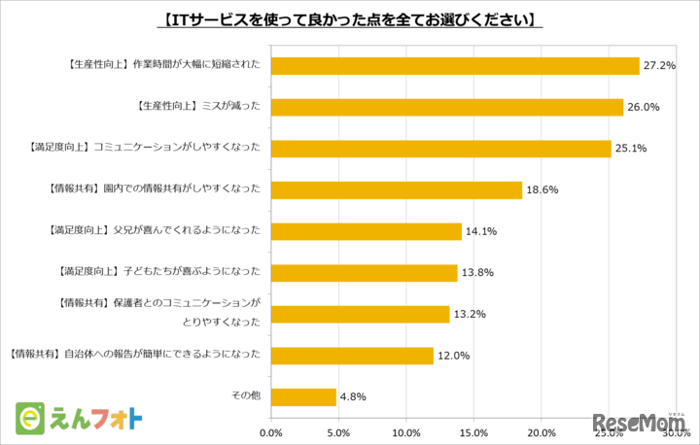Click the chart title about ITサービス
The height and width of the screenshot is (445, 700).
(x=349, y=18)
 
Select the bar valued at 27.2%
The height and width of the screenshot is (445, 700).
(x=455, y=65)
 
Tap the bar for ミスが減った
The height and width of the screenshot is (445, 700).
(x=447, y=107)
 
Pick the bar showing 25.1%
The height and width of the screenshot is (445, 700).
(x=441, y=149)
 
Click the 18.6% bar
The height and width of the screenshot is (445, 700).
(x=397, y=190)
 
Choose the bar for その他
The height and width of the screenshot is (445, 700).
(x=304, y=397)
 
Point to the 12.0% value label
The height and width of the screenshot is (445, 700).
(x=453, y=356)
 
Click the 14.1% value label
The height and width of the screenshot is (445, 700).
(x=481, y=231)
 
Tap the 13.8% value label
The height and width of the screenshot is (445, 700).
(x=477, y=273)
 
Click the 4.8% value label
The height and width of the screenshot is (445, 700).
(x=354, y=397)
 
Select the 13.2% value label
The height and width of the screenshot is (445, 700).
(x=470, y=315)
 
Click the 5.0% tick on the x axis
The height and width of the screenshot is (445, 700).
(x=339, y=432)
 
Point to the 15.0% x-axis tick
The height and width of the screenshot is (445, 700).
(x=473, y=432)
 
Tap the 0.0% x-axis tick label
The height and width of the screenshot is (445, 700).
(x=271, y=432)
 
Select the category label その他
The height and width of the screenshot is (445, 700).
(x=244, y=397)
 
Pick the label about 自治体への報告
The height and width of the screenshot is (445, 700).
(x=134, y=356)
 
